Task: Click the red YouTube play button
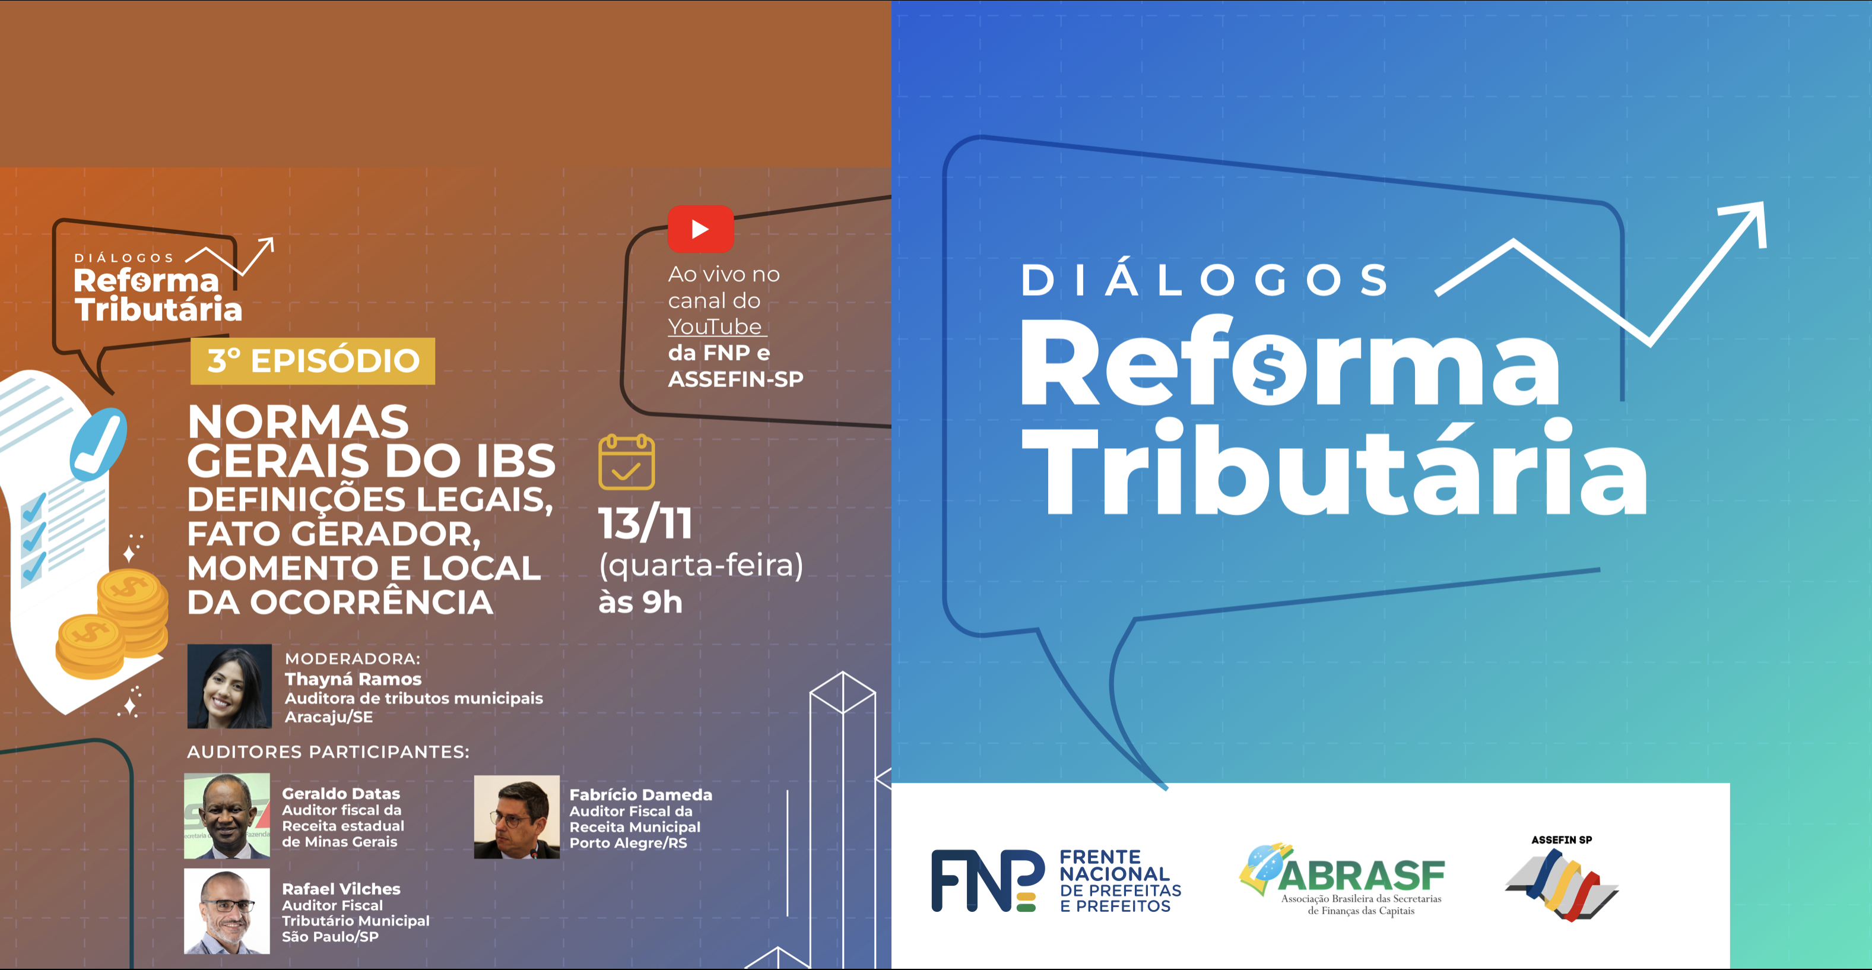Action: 700,229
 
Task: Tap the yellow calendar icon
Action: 626,462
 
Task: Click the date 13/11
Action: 645,523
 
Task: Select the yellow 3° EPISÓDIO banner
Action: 312,361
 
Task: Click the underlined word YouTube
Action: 715,326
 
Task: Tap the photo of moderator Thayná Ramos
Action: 230,686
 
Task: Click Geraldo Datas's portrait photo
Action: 227,815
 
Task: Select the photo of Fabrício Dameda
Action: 517,817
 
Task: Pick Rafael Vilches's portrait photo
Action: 227,911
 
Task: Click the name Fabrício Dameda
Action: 640,795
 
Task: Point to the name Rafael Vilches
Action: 341,889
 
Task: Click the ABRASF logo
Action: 1342,879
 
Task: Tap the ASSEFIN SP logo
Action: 1562,878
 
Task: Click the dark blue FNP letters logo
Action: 988,880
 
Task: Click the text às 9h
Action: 640,603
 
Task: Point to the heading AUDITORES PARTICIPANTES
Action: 328,752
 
